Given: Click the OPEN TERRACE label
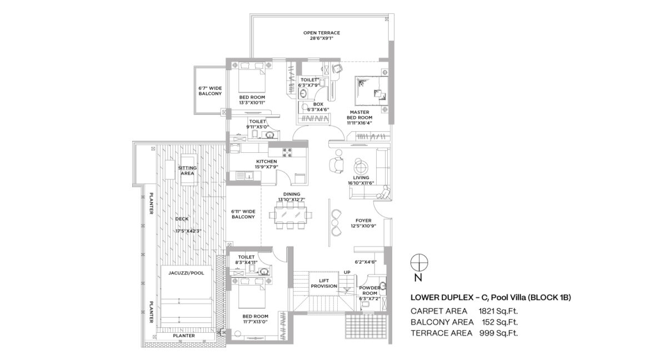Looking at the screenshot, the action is [x=321, y=33].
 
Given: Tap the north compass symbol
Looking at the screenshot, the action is [x=419, y=263].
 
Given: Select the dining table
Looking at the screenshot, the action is [x=292, y=215].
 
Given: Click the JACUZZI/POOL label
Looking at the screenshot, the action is [x=186, y=273].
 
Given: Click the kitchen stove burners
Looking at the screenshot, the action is [x=287, y=151].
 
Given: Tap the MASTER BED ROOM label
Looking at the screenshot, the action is [x=359, y=115].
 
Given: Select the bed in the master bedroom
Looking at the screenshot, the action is [x=371, y=88].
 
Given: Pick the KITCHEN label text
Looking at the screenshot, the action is [x=266, y=161].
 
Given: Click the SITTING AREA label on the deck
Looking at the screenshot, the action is [x=187, y=171].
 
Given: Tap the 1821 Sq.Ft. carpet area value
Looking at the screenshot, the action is [x=498, y=311].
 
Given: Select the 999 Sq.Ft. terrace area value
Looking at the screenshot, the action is [x=499, y=333].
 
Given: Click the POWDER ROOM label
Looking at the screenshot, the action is [x=369, y=291].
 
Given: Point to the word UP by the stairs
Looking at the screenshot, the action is [x=347, y=272].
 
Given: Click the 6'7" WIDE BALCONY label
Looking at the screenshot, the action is [x=210, y=91].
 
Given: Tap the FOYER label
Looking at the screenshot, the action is [x=363, y=221].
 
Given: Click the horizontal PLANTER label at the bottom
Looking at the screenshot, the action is [x=184, y=336].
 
